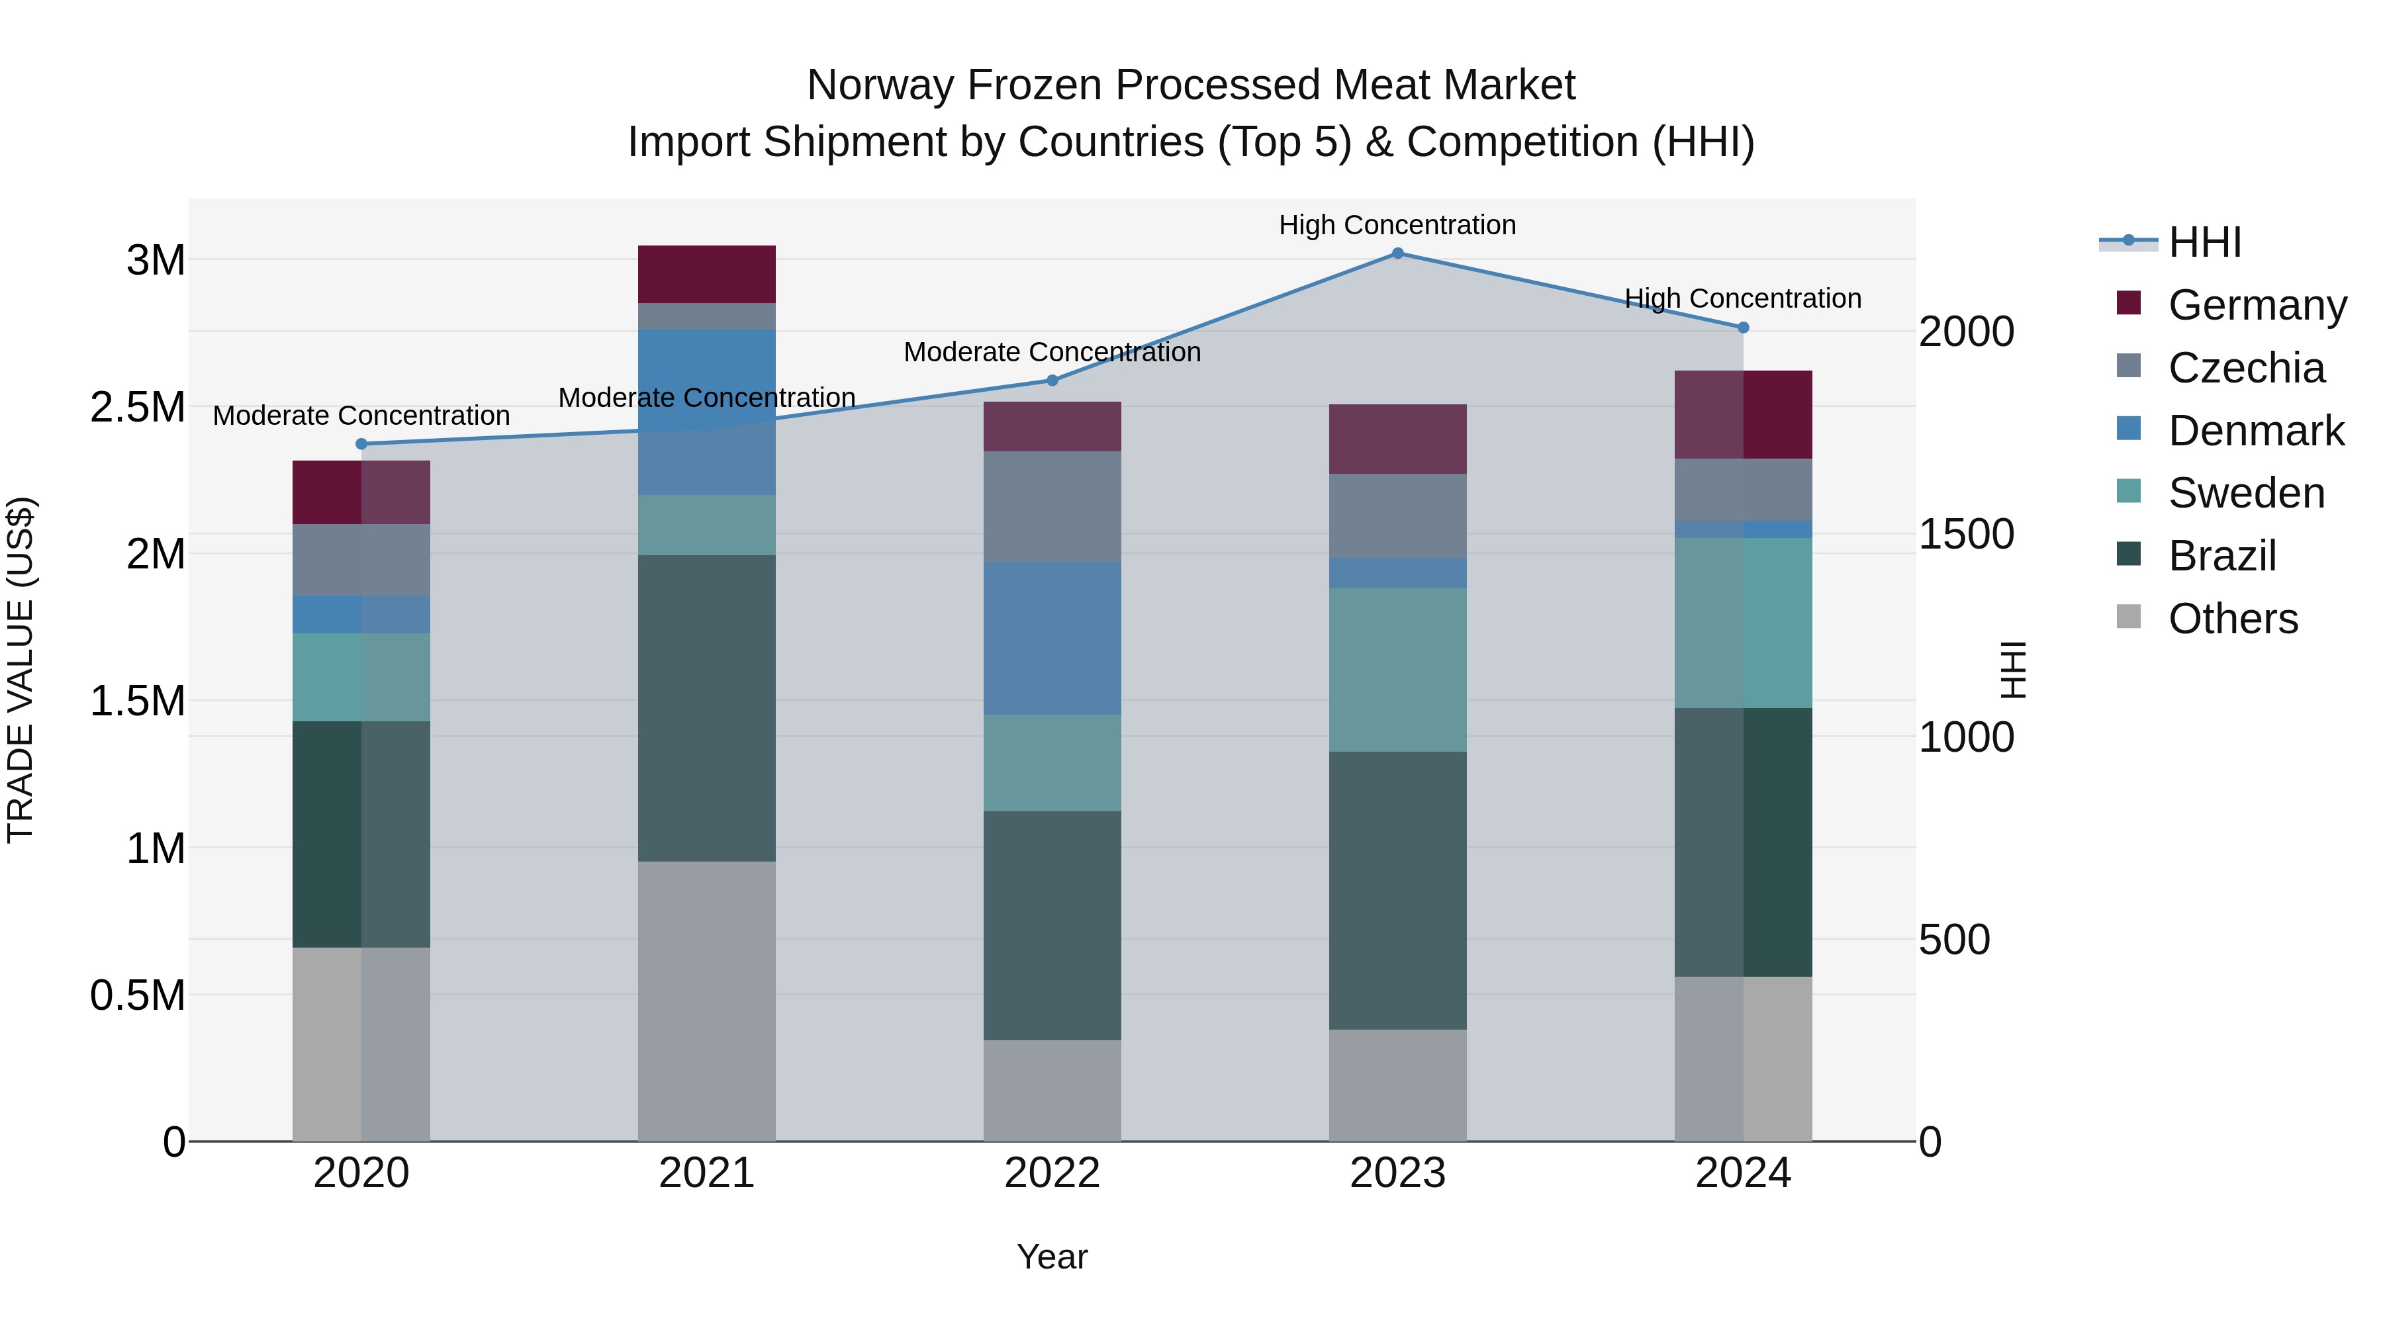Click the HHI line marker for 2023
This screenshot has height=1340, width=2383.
click(x=1397, y=253)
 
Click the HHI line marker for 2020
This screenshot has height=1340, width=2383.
click(x=361, y=444)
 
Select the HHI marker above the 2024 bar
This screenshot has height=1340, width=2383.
click(x=1743, y=328)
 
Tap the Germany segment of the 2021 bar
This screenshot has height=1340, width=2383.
click(x=707, y=274)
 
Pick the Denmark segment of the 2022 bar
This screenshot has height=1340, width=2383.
click(x=1052, y=638)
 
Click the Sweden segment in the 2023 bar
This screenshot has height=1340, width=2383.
click(x=1397, y=670)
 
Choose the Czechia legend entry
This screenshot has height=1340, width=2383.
click(x=2245, y=368)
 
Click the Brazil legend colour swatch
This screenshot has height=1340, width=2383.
click(x=2129, y=555)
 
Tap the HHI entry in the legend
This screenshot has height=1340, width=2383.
click(x=2204, y=242)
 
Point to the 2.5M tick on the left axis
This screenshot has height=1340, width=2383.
click(x=138, y=407)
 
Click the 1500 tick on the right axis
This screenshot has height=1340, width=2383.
click(x=1966, y=535)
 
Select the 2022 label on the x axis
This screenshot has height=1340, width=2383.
click(x=1052, y=1173)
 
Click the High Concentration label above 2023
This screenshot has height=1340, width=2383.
click(x=1397, y=225)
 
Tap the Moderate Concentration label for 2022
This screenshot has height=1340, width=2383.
click(x=1052, y=352)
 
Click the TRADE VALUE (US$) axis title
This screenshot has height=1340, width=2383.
click(x=21, y=670)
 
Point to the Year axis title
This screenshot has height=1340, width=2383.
click(x=1052, y=1257)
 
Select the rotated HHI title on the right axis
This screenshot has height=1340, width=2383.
click(x=2013, y=670)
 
